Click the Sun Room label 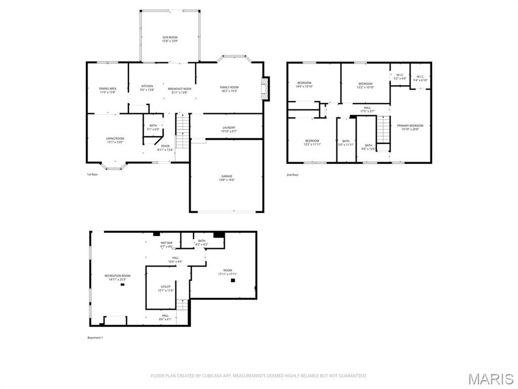click(170, 37)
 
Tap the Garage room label click(227, 176)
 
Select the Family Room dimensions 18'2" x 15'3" click(229, 91)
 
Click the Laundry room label click(229, 128)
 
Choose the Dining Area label click(107, 89)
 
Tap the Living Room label click(115, 138)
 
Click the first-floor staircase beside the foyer click(182, 131)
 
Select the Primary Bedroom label click(410, 126)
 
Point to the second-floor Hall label click(367, 107)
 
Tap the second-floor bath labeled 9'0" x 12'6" click(368, 145)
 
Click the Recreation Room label click(117, 276)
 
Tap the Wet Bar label click(167, 243)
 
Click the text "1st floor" click(92, 175)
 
